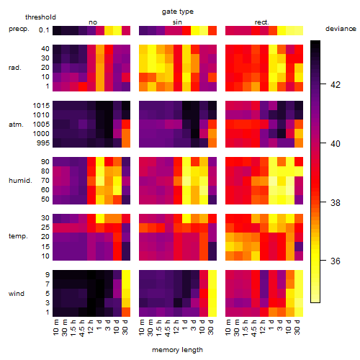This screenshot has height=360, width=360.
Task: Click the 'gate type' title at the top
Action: tap(178, 12)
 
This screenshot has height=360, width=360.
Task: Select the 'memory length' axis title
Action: tap(177, 350)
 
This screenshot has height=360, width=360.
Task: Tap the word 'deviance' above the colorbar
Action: tap(341, 29)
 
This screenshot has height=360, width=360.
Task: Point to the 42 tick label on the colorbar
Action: tap(336, 85)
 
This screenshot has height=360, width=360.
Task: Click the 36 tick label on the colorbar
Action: tap(336, 261)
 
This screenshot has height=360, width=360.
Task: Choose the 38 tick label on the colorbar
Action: tap(336, 203)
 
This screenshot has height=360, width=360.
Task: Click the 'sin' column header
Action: tap(177, 22)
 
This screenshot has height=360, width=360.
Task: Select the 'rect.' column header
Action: tap(262, 22)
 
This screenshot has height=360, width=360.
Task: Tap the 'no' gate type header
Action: tap(93, 22)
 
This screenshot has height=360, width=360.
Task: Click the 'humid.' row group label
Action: tap(20, 181)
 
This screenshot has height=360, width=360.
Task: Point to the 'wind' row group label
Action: tap(17, 294)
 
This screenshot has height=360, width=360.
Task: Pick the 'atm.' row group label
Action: tap(16, 125)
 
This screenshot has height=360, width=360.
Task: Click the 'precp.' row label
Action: tap(19, 29)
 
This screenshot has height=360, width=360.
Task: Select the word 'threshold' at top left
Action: tap(40, 17)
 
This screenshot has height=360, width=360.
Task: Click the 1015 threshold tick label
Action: tap(41, 106)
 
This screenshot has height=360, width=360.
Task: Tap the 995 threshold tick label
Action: tap(43, 143)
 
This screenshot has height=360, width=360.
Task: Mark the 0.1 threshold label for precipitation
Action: tap(44, 30)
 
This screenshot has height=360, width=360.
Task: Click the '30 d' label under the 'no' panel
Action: tap(125, 327)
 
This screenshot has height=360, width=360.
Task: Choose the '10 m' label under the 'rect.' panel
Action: tap(228, 328)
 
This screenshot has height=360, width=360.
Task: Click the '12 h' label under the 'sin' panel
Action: tap(176, 327)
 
